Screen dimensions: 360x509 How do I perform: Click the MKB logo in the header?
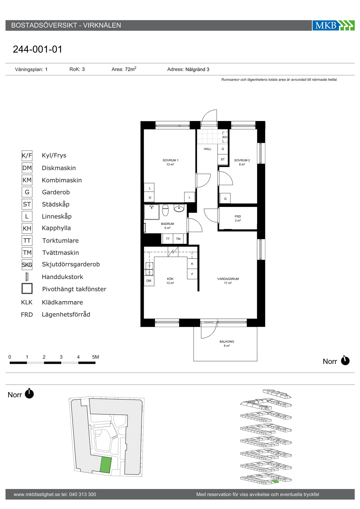pos(333,25)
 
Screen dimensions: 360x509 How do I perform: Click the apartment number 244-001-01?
pos(37,49)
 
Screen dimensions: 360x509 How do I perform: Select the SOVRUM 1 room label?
pos(170,160)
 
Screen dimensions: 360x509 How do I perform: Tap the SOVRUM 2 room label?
pos(242,160)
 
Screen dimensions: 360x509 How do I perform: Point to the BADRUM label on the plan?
pos(168,224)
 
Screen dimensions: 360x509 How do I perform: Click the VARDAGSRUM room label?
pos(228,279)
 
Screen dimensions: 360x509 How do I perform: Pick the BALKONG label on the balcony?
pos(227,342)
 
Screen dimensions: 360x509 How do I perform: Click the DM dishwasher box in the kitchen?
pos(149,281)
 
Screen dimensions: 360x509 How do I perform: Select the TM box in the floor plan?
pos(178,239)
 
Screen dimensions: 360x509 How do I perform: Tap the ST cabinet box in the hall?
pos(223,159)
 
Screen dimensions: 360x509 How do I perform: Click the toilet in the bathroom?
pos(165,210)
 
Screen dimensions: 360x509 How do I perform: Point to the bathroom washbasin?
pos(179,208)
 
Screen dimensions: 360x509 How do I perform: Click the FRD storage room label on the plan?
pos(238,216)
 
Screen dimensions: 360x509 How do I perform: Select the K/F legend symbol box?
pos(27,156)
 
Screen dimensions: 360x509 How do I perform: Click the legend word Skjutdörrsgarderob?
pos(71,264)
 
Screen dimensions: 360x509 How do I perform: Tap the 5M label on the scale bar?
pos(96,357)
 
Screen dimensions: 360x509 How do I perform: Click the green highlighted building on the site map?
pos(106,465)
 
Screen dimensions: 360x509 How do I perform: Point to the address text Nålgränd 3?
pos(197,69)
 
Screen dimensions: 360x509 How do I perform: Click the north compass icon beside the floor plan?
pos(345,360)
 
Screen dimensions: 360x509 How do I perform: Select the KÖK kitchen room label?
pos(170,279)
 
